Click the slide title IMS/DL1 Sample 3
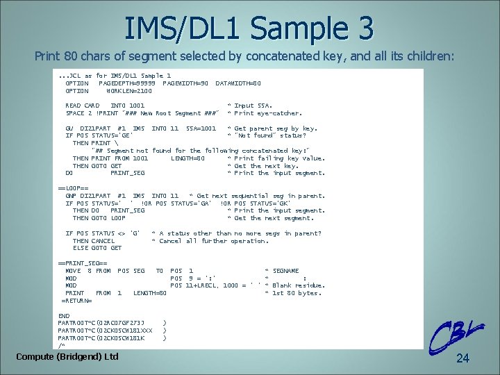tap(249, 28)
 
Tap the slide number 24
tap(463, 358)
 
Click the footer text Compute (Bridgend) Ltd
tap(67, 356)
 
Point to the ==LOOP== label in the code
tap(73, 188)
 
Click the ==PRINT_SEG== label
tap(82, 263)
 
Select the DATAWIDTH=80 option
tap(238, 83)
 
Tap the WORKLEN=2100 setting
tap(129, 91)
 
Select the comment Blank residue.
tap(299, 285)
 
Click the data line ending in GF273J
tap(101, 323)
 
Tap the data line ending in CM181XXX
tap(105, 331)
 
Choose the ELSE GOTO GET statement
tap(97, 248)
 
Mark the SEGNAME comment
tap(286, 271)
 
